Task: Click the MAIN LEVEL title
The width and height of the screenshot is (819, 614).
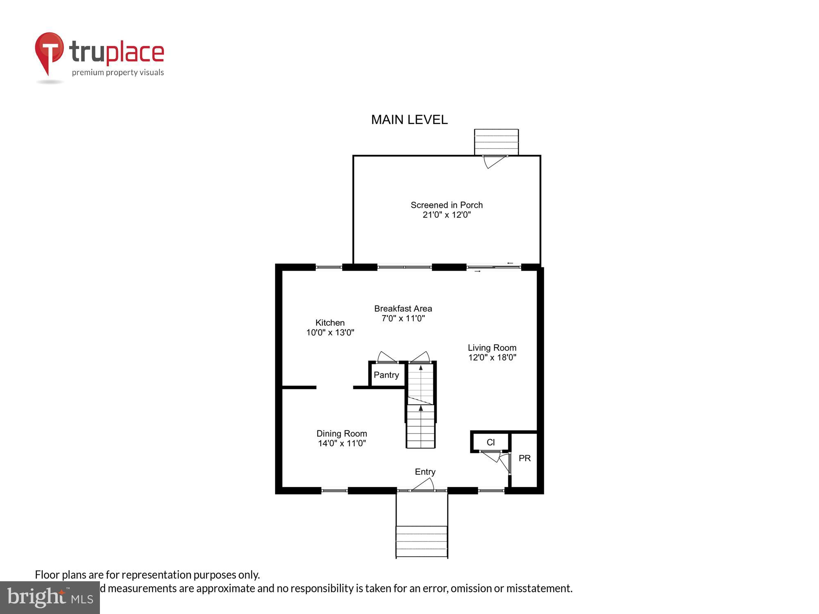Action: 409,120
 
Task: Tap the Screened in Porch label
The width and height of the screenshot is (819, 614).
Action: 446,205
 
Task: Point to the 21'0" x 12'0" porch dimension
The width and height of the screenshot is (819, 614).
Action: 446,215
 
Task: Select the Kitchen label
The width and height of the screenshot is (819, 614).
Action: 330,323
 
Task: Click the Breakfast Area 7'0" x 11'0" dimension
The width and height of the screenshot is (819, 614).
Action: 403,318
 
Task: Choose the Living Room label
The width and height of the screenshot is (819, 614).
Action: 492,348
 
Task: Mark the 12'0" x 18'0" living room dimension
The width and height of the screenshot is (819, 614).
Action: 492,357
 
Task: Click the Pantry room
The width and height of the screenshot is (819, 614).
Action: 386,375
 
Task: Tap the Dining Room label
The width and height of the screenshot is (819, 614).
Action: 342,433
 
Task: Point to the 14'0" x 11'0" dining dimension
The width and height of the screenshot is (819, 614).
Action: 342,443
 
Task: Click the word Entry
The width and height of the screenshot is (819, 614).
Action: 425,472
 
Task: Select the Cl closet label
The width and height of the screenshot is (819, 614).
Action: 491,442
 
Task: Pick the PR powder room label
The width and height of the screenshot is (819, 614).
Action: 525,458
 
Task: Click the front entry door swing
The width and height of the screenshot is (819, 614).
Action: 423,485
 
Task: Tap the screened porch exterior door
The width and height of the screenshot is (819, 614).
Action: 495,161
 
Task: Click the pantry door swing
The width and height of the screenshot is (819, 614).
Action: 386,357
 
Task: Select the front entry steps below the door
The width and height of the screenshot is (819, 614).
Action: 421,541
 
